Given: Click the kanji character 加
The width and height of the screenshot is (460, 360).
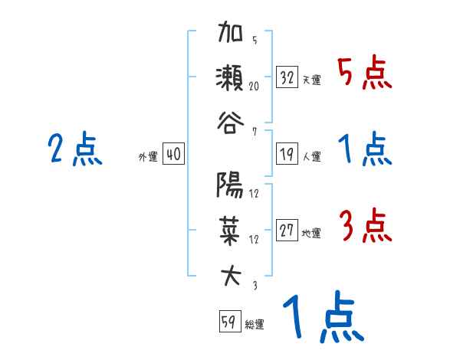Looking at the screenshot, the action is [230, 37].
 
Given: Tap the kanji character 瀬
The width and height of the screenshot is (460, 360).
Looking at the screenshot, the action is [230, 80].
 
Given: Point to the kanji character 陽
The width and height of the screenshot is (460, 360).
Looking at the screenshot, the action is [230, 185].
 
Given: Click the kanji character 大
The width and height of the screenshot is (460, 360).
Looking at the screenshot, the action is [230, 274].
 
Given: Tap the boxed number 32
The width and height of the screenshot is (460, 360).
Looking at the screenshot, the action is [287, 77].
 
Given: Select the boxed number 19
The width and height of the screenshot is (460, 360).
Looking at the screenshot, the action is [287, 154].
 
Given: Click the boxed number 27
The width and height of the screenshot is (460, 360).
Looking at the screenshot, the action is [287, 231].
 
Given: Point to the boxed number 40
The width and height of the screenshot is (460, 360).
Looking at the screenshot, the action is [173, 154].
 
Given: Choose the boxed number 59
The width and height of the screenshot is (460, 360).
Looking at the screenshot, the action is [229, 322].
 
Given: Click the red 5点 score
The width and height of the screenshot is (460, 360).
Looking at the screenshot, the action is [363, 74].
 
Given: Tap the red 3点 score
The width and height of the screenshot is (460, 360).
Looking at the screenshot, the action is [363, 227].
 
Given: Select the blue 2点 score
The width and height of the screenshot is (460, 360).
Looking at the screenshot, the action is [74, 150].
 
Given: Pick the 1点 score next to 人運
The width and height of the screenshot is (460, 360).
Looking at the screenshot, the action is [363, 150].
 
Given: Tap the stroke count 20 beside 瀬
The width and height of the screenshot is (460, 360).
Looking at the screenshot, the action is [254, 87].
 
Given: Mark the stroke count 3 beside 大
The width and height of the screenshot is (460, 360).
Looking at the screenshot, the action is [254, 285].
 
